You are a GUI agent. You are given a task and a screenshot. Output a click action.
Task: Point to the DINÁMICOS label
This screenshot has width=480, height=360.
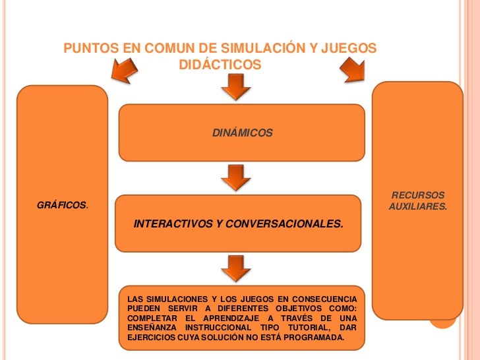[x=242, y=133]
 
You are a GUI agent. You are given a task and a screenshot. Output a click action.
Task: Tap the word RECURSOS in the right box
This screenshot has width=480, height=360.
[x=418, y=195]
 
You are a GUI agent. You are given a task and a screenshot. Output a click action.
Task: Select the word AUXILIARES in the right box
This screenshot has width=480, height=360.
[x=418, y=206]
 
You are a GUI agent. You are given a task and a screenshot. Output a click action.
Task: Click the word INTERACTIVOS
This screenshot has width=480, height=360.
[x=173, y=224]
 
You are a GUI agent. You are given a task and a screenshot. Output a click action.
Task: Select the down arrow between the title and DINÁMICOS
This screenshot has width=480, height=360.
[x=235, y=88]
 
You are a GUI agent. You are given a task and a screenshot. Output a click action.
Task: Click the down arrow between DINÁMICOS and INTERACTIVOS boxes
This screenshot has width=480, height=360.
[x=235, y=177]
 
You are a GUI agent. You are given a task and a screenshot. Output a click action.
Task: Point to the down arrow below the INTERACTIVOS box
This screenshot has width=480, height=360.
[x=235, y=268]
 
